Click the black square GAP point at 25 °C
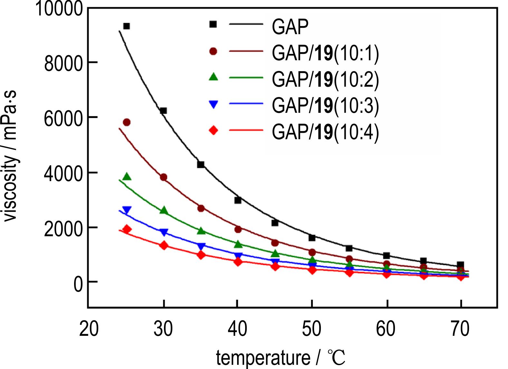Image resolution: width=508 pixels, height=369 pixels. point(127,26)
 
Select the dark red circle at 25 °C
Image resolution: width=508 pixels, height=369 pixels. point(127,122)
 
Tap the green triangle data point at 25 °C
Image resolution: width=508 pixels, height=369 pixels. point(127,177)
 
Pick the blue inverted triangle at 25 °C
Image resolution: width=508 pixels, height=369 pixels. point(127,210)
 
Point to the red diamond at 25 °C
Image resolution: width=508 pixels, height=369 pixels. point(127,229)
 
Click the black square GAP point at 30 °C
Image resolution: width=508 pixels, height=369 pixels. point(163,111)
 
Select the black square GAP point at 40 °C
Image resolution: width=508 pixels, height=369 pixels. point(238,200)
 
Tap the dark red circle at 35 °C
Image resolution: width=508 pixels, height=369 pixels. point(201,208)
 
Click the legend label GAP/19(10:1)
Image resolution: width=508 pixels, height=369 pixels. point(325,53)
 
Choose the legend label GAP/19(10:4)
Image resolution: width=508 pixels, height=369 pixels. point(325,131)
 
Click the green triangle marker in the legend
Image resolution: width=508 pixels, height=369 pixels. point(213,77)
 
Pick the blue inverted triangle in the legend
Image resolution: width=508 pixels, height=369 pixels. point(213,104)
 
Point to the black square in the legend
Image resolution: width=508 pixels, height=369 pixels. point(213,24)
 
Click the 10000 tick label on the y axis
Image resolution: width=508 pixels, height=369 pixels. point(59,8)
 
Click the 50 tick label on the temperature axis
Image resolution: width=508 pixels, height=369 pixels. point(312,329)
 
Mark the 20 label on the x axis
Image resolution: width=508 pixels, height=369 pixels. point(89,329)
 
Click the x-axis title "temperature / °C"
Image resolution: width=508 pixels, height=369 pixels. point(280,358)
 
